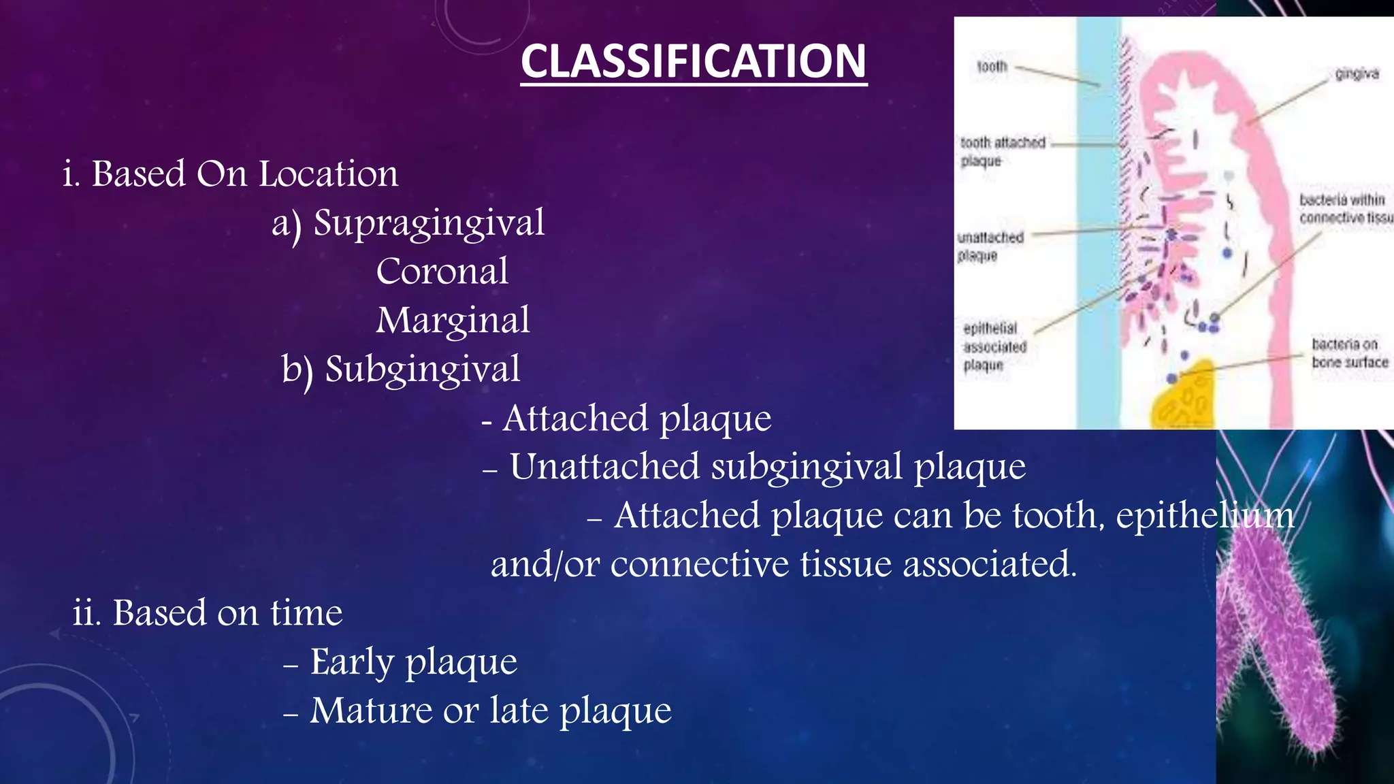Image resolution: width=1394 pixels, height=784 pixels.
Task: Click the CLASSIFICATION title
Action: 694,61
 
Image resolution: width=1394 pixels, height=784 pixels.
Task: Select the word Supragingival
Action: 429,223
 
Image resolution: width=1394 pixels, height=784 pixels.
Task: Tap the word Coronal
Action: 442,272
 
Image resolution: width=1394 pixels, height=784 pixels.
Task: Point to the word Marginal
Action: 453,321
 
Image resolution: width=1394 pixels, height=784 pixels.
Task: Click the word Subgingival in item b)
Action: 422,370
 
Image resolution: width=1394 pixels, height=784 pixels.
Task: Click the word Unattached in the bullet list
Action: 604,467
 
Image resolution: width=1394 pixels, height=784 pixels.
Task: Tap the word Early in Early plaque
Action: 352,661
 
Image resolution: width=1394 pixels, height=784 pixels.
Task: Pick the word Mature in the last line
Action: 371,710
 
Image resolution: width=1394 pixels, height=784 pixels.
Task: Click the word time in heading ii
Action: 306,612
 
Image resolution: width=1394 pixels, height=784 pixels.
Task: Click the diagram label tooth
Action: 992,67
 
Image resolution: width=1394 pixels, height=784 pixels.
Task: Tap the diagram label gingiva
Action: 1357,73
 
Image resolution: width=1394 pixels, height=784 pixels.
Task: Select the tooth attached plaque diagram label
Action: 1002,151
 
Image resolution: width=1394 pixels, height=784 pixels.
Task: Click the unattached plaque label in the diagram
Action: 990,246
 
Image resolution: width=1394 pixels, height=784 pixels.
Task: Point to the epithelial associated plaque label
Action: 994,346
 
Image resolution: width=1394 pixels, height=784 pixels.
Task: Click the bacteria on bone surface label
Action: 1349,353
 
